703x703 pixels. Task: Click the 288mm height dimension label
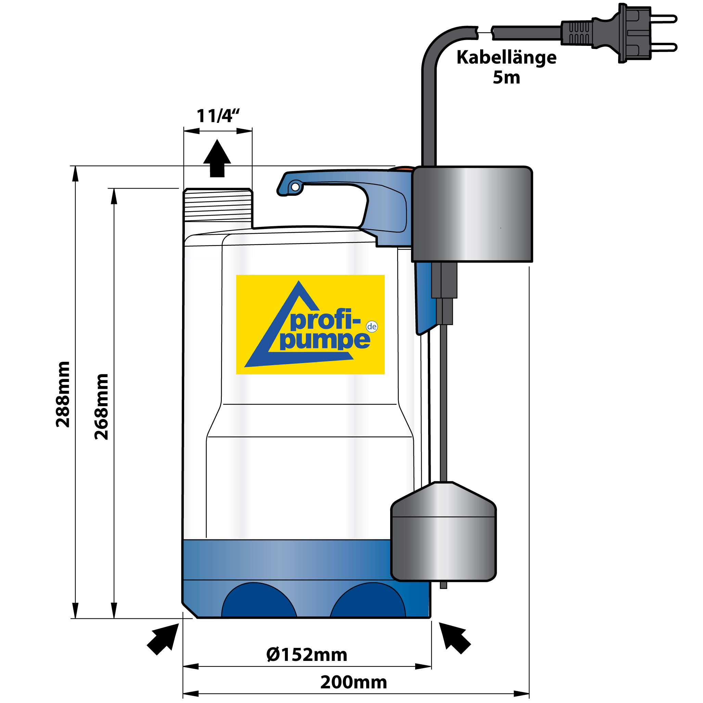pyautogui.click(x=63, y=394)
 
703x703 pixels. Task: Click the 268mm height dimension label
pyautogui.click(x=102, y=407)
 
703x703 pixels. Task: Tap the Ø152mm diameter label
pyautogui.click(x=307, y=655)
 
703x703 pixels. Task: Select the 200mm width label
pyautogui.click(x=353, y=682)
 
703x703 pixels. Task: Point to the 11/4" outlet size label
pyautogui.click(x=218, y=116)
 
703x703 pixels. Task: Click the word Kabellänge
pyautogui.click(x=506, y=57)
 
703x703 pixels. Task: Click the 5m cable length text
pyautogui.click(x=506, y=77)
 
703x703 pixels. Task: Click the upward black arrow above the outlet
pyautogui.click(x=217, y=159)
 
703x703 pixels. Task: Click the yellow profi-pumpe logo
pyautogui.click(x=310, y=324)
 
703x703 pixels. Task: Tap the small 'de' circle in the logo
pyautogui.click(x=371, y=327)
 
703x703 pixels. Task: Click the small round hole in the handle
pyautogui.click(x=295, y=187)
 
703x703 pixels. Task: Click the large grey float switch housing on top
pyautogui.click(x=472, y=214)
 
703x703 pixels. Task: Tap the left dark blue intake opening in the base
pyautogui.click(x=259, y=602)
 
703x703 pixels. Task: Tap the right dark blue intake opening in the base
pyautogui.click(x=368, y=602)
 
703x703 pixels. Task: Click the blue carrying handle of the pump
pyautogui.click(x=382, y=204)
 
